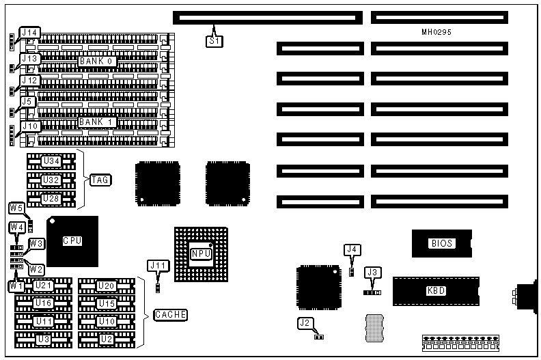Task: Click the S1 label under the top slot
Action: (214, 40)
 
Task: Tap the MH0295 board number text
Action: (436, 32)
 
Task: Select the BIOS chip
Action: (441, 243)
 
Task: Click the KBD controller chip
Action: (436, 290)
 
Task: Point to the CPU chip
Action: (72, 241)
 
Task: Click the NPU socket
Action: (201, 253)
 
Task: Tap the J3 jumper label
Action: (372, 272)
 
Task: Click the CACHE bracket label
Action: (171, 315)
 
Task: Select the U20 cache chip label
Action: (106, 286)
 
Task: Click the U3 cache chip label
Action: (43, 339)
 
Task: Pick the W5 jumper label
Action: (17, 208)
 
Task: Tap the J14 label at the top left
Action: (29, 33)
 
